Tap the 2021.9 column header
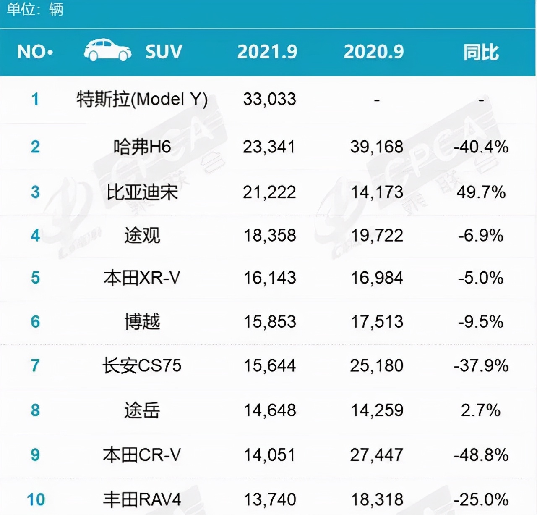point(267,52)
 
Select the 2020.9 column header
point(373,52)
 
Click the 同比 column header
point(481,53)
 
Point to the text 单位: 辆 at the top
point(35,9)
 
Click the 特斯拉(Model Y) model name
point(142,100)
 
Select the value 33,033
point(269,99)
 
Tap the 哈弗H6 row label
point(142,147)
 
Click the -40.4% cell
point(481,147)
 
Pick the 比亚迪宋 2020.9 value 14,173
point(377,192)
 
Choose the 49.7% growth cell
point(481,192)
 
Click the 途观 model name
point(142,235)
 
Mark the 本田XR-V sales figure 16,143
point(270,278)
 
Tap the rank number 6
point(35,322)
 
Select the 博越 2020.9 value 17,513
point(377,322)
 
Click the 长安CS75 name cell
point(142,365)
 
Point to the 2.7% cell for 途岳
point(481,410)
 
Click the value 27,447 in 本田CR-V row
point(377,455)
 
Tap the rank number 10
point(36,500)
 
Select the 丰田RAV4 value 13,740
point(270,500)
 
